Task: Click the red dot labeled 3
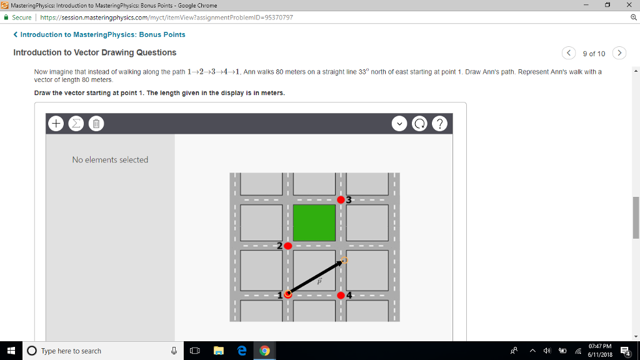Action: (x=341, y=200)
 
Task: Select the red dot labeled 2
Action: (x=287, y=246)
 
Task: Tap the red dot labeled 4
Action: (x=341, y=295)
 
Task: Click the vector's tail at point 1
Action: (x=288, y=294)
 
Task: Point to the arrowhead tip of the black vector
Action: (x=343, y=261)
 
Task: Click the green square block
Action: (x=314, y=222)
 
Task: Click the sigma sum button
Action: (x=76, y=124)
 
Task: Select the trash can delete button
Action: (x=96, y=124)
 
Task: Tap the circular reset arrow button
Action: (x=419, y=124)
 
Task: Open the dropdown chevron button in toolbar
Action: (x=399, y=124)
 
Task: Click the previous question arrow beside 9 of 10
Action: (x=568, y=53)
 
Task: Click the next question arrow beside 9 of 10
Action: (x=619, y=53)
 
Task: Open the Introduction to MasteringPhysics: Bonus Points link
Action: (x=102, y=34)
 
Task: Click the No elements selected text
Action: (x=110, y=160)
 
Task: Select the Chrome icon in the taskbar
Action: (x=264, y=351)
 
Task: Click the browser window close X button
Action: (x=629, y=5)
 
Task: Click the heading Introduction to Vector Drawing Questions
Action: (x=95, y=52)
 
